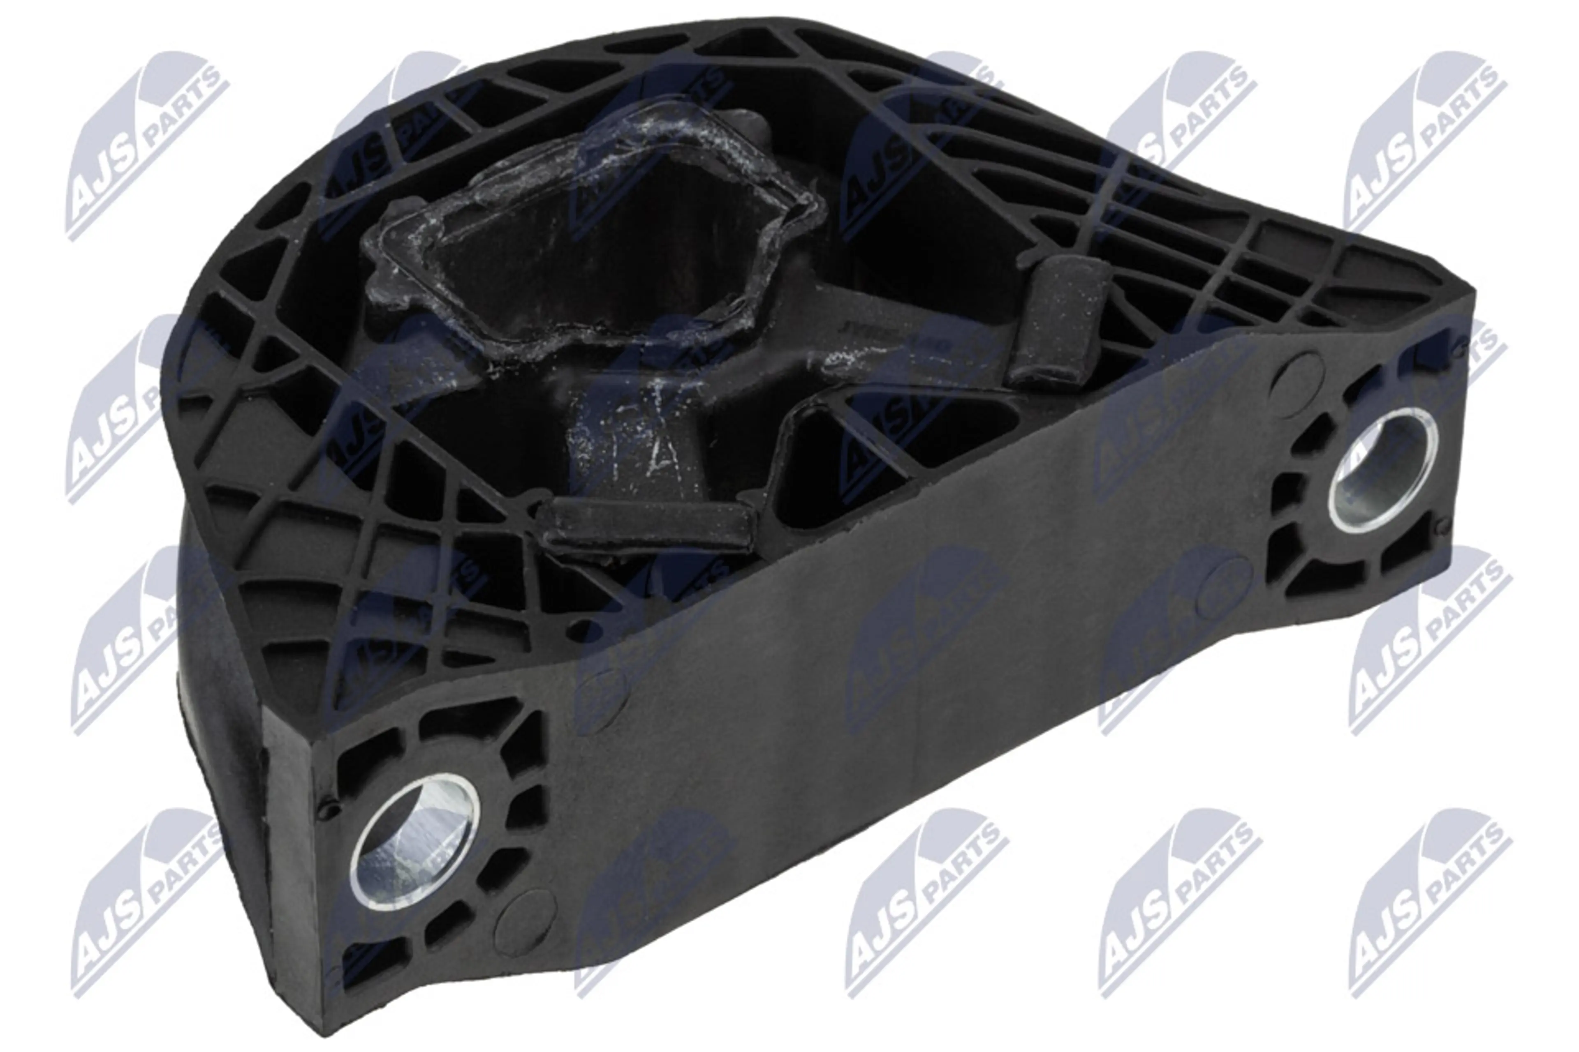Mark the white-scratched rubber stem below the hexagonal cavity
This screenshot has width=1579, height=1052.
click(x=634, y=443)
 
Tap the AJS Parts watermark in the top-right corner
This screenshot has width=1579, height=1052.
click(x=1423, y=144)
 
